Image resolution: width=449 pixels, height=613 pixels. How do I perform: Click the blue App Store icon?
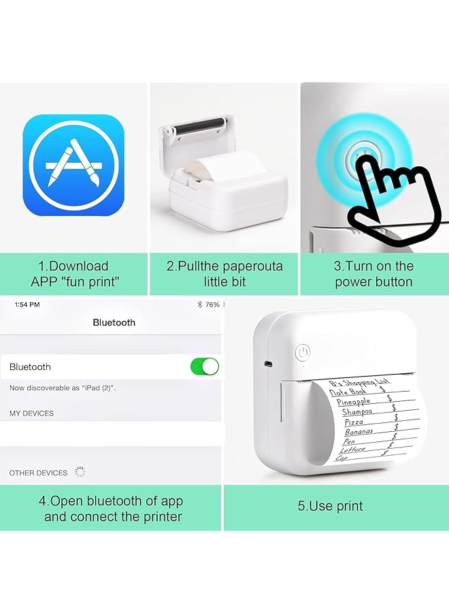(x=73, y=165)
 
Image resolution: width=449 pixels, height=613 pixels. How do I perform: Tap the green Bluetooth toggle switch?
(x=205, y=366)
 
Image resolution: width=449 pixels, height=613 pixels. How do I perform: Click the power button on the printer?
(x=303, y=352)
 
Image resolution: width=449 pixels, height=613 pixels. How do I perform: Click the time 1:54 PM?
(x=27, y=304)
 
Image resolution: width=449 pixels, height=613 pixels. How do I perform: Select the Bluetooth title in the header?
(x=114, y=323)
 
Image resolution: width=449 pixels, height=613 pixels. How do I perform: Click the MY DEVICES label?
(x=31, y=413)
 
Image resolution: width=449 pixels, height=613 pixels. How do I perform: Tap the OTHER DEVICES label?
(x=38, y=473)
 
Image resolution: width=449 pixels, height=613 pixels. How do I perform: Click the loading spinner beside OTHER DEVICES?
(x=80, y=472)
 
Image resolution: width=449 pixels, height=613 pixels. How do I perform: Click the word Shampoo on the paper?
(x=357, y=411)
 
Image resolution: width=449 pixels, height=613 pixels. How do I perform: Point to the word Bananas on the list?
(x=359, y=432)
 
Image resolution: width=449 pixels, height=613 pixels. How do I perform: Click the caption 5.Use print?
(x=330, y=506)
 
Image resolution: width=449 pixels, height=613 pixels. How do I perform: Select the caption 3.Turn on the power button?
(x=373, y=274)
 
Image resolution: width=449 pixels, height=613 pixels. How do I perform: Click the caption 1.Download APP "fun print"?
(x=74, y=274)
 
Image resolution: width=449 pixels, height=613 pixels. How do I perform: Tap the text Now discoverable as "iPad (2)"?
(x=62, y=388)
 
